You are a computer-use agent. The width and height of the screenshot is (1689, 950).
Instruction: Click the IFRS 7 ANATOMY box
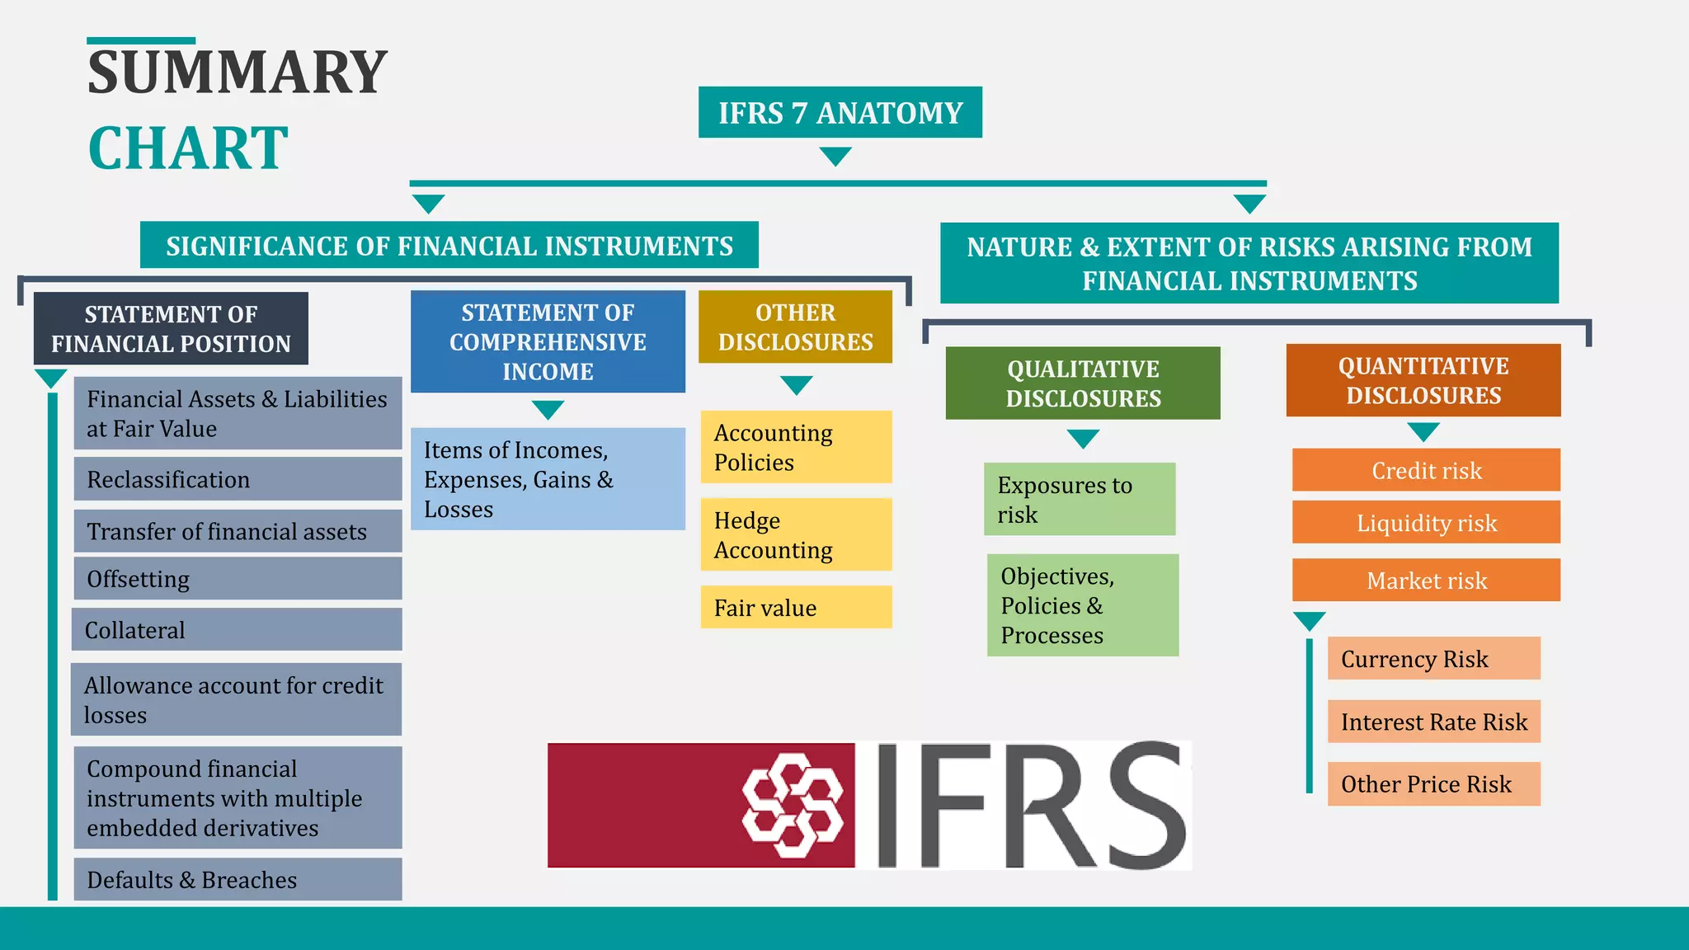pos(840,112)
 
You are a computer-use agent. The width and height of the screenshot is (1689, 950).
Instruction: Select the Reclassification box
pos(238,479)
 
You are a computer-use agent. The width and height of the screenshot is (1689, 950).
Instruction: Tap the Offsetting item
pos(238,578)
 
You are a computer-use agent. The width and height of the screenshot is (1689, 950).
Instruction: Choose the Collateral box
pos(237,629)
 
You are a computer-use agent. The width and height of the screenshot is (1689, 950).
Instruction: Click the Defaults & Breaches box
pos(238,879)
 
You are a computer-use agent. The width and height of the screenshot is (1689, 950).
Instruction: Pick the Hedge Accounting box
pos(796,534)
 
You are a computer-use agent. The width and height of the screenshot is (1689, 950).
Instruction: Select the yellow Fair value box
pos(796,607)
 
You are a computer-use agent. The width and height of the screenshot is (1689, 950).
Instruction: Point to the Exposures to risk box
pos(1079,499)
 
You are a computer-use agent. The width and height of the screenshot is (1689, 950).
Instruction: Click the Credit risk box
pos(1426,470)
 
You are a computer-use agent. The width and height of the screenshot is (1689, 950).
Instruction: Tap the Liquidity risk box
pos(1426,522)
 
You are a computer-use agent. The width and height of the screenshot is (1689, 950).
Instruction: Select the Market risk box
pos(1426,580)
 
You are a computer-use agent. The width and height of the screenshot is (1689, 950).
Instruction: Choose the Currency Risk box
pos(1433,658)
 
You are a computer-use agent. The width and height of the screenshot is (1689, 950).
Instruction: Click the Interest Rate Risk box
pos(1433,721)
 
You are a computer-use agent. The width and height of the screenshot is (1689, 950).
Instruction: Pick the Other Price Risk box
pos(1433,783)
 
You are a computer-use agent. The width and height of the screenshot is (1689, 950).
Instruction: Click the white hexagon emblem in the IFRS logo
pos(793,805)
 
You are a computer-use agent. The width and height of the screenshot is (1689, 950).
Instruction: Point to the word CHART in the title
pos(188,148)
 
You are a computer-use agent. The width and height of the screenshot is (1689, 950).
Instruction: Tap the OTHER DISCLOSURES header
pos(795,327)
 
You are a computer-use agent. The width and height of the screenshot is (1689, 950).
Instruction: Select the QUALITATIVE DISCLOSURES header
pos(1082,383)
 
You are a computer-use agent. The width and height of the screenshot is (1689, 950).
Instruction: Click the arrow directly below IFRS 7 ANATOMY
pos(835,156)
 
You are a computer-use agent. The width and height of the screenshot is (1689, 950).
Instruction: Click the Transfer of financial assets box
pos(238,531)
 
